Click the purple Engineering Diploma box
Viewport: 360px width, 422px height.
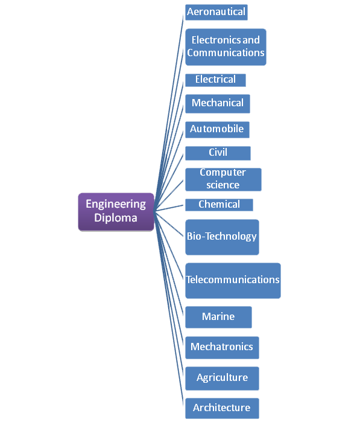[x=116, y=212]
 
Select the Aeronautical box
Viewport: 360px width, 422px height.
[x=216, y=12]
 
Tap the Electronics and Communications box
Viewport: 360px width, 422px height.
[x=226, y=47]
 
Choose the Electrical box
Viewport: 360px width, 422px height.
[x=215, y=80]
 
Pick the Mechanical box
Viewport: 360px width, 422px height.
[x=218, y=104]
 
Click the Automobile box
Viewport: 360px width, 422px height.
[x=217, y=130]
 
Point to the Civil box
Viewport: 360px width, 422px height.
[x=218, y=153]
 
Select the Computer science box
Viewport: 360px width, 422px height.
[x=223, y=179]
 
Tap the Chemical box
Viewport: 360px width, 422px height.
[x=219, y=205]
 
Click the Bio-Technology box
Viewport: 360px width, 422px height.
[x=222, y=237]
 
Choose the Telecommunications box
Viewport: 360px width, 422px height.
[x=233, y=281]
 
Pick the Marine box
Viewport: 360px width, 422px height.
[x=218, y=317]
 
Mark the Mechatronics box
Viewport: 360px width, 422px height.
[x=222, y=348]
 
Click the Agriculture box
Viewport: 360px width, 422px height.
[x=222, y=379]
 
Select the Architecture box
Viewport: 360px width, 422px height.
[x=222, y=408]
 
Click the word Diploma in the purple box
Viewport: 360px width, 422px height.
[x=116, y=218]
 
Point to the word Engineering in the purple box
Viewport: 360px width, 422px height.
[x=116, y=205]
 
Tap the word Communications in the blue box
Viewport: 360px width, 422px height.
[x=226, y=53]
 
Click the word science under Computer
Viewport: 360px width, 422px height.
[x=223, y=185]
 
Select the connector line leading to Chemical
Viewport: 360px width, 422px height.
[x=169, y=208]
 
